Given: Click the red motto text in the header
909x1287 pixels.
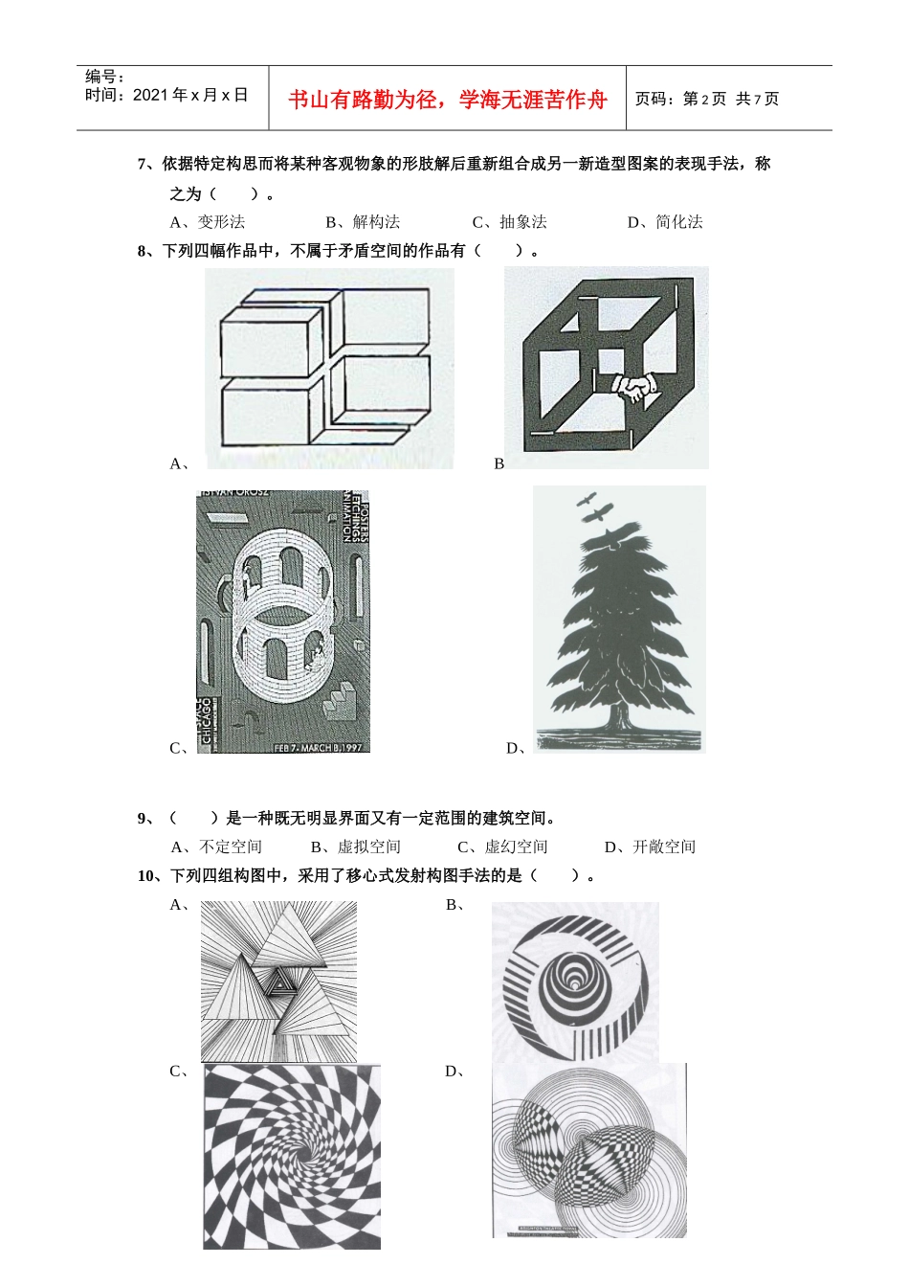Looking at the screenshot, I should [x=447, y=100].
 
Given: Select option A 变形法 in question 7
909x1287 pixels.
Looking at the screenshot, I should [x=208, y=222].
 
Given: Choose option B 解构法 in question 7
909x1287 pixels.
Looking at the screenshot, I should [x=363, y=222].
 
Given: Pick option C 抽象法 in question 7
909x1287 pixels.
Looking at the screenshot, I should [x=510, y=222].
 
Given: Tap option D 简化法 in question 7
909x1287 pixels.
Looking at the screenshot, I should [x=665, y=222].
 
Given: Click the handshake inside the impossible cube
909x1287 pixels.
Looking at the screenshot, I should [x=634, y=387].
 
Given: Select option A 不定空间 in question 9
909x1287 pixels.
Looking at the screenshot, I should [x=216, y=847].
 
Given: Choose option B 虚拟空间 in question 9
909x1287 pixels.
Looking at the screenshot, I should [x=356, y=847].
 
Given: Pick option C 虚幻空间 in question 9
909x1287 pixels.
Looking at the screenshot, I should [x=502, y=847].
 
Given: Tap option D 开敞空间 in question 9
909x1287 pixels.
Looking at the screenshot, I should [x=651, y=847].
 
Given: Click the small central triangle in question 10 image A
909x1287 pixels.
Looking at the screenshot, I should [x=279, y=981].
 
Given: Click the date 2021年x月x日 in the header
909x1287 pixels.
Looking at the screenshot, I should [x=190, y=95].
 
